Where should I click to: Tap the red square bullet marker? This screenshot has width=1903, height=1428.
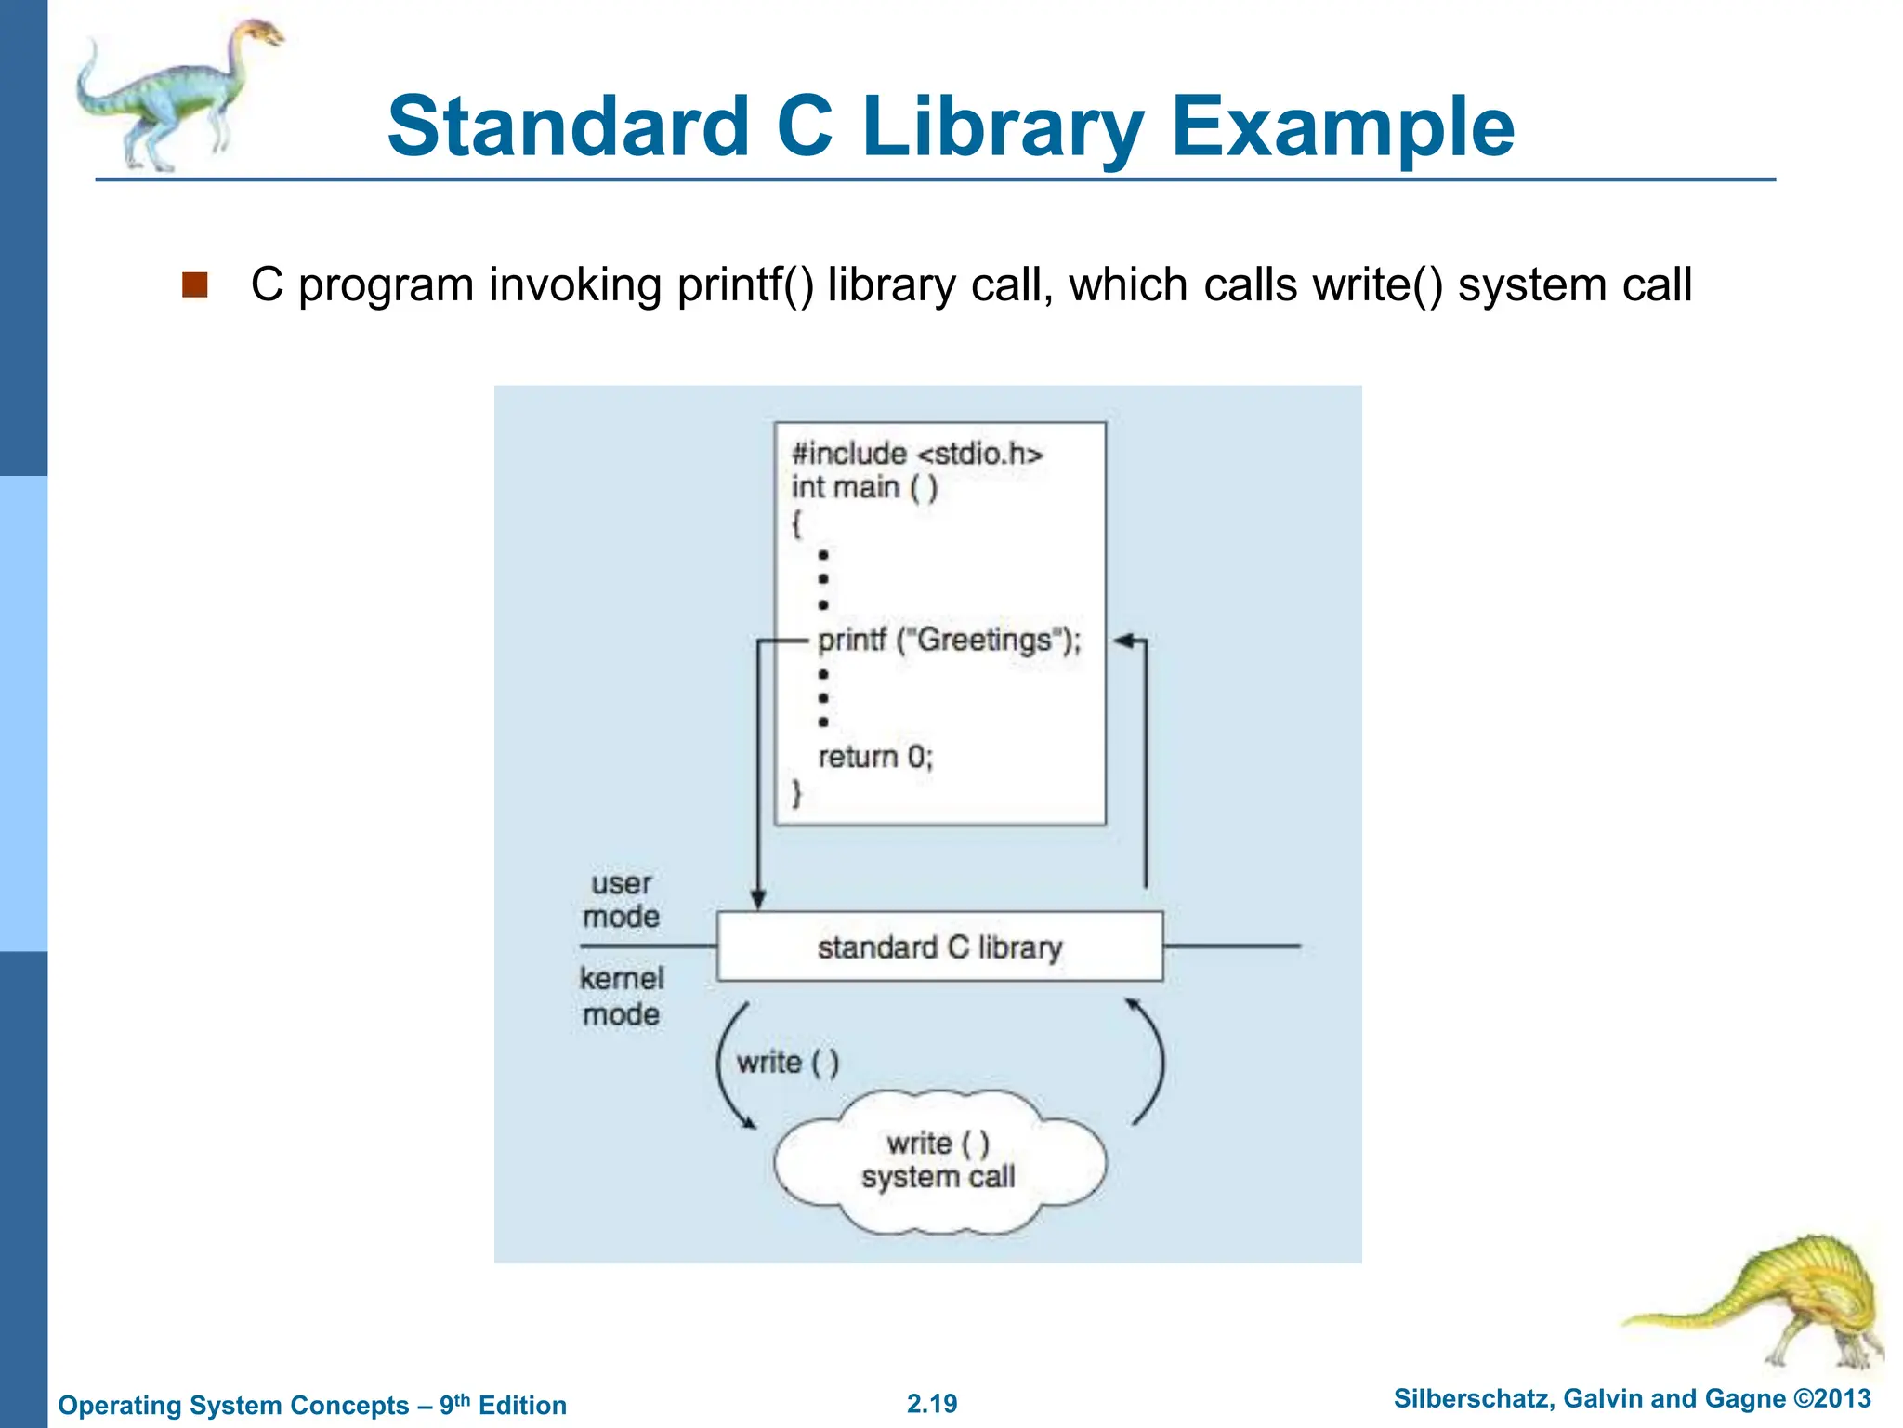click(194, 284)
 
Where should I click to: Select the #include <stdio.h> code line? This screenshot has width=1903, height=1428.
click(917, 454)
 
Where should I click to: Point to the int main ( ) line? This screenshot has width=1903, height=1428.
click(864, 487)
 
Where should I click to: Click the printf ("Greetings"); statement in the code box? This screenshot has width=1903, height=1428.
click(949, 641)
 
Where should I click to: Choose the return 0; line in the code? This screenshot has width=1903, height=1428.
click(874, 757)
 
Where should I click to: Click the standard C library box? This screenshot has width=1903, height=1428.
click(939, 946)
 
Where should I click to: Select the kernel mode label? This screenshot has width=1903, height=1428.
click(621, 996)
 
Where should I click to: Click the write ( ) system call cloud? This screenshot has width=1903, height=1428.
click(938, 1161)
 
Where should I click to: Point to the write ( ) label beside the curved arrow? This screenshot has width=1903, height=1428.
click(787, 1062)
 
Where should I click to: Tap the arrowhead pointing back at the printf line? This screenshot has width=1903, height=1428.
click(1123, 641)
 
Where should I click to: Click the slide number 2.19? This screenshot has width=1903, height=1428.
click(932, 1404)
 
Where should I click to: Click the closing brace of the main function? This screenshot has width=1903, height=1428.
click(796, 793)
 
